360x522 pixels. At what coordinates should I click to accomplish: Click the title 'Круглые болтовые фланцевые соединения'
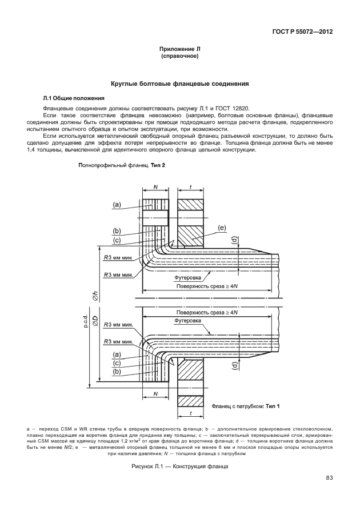pyautogui.click(x=179, y=83)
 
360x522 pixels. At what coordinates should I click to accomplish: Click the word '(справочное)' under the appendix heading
pyautogui.click(x=179, y=57)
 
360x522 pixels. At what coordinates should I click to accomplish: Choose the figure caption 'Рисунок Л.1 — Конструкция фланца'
pyautogui.click(x=179, y=467)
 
